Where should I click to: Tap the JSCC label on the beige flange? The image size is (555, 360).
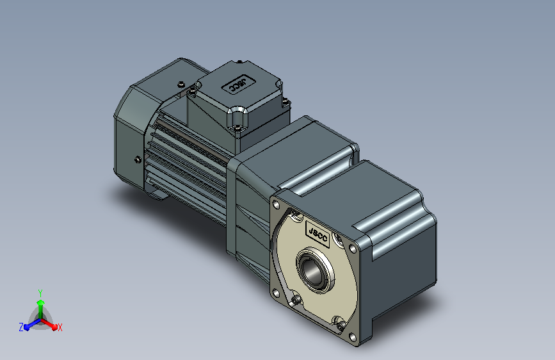click(x=317, y=234)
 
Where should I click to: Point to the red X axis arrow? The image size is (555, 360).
click(x=49, y=324)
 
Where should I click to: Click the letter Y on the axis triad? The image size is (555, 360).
click(x=40, y=293)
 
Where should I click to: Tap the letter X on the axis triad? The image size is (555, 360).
click(x=60, y=327)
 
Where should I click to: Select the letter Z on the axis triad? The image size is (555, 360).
click(x=21, y=327)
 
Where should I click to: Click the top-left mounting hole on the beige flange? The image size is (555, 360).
click(x=277, y=205)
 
